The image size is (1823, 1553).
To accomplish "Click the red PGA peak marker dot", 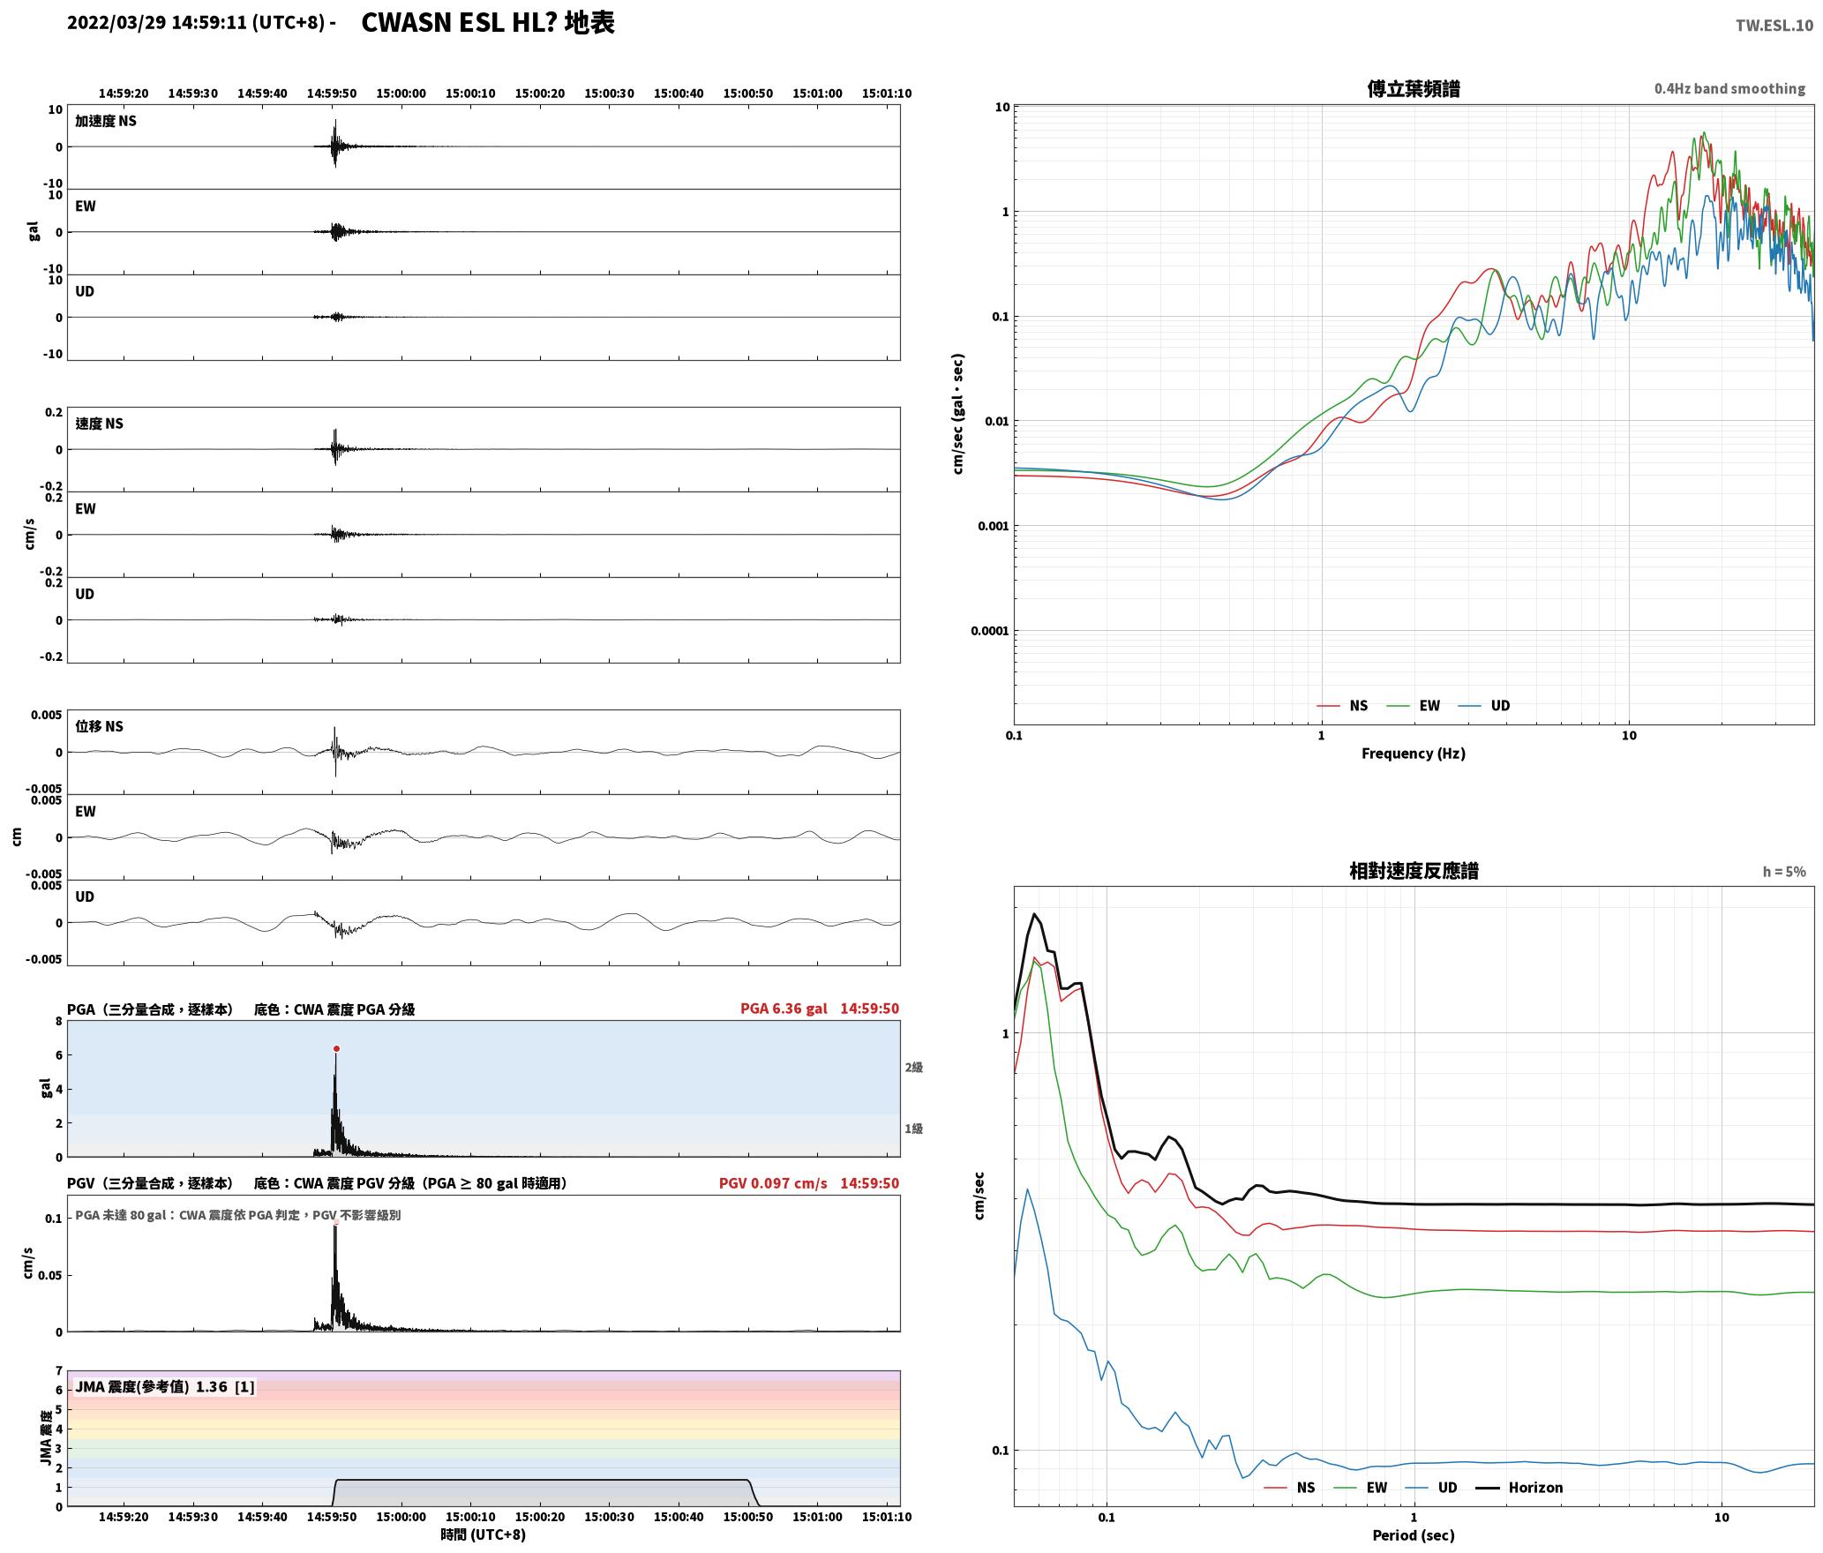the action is pyautogui.click(x=336, y=1048).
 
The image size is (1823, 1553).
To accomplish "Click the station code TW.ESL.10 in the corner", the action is pyautogui.click(x=1774, y=26).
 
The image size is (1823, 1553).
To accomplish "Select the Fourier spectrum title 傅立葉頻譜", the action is pyautogui.click(x=1413, y=88).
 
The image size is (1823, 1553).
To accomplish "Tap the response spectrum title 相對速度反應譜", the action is pyautogui.click(x=1414, y=871).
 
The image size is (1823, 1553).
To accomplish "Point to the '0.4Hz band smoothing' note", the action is pyautogui.click(x=1729, y=88).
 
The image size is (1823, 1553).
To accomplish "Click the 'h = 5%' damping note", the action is pyautogui.click(x=1784, y=872).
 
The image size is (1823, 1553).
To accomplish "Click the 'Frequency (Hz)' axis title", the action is pyautogui.click(x=1413, y=754).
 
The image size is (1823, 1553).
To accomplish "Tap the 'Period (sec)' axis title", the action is pyautogui.click(x=1413, y=1535).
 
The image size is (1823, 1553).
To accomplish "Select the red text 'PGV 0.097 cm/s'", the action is pyautogui.click(x=773, y=1183).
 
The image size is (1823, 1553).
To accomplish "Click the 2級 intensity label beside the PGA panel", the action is pyautogui.click(x=913, y=1068).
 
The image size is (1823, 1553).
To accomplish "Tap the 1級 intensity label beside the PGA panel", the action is pyautogui.click(x=913, y=1129).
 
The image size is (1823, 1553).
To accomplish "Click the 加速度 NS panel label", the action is pyautogui.click(x=106, y=121).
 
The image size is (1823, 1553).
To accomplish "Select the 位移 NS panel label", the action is pyautogui.click(x=99, y=726).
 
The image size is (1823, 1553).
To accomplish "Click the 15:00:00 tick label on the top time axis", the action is pyautogui.click(x=401, y=93).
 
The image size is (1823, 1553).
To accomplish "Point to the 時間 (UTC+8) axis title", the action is pyautogui.click(x=483, y=1535).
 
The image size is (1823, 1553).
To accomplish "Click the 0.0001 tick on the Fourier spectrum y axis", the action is pyautogui.click(x=990, y=631).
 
